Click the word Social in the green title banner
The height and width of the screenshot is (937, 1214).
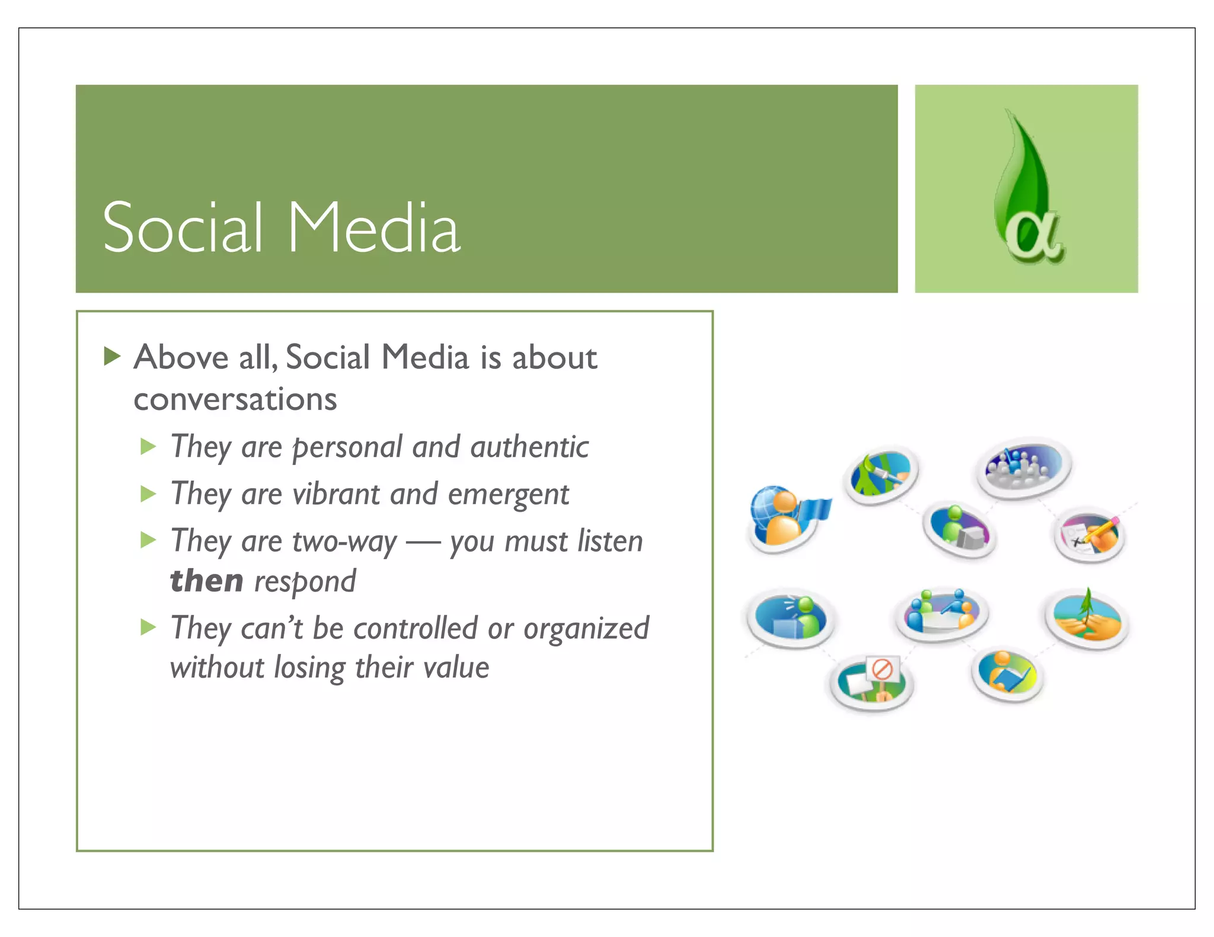pyautogui.click(x=183, y=228)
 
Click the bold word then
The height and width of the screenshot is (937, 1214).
pyautogui.click(x=206, y=580)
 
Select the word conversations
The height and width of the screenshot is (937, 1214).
pyautogui.click(x=235, y=399)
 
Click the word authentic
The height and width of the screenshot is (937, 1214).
pyautogui.click(x=529, y=447)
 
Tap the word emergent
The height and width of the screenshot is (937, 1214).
pyautogui.click(x=508, y=494)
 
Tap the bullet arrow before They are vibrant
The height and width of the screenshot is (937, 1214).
pyautogui.click(x=148, y=494)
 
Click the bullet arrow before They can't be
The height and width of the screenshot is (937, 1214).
pyautogui.click(x=148, y=627)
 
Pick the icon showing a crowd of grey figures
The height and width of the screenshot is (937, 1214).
pyautogui.click(x=1023, y=468)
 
